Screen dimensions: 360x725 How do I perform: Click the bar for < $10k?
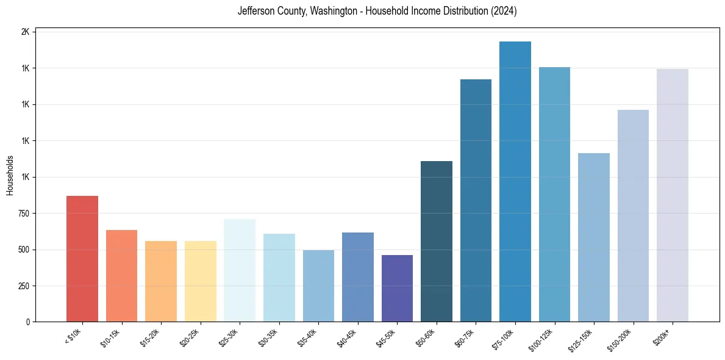(82, 259)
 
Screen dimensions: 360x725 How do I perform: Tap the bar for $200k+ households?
(673, 195)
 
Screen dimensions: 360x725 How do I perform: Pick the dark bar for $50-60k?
(437, 242)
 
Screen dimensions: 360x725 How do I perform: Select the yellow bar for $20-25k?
(201, 281)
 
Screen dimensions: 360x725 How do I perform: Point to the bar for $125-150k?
(594, 237)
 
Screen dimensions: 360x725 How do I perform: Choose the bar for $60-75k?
(476, 201)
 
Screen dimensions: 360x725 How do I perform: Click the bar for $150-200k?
(633, 216)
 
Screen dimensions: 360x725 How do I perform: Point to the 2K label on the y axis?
(26, 32)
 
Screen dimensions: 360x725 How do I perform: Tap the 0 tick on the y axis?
(29, 322)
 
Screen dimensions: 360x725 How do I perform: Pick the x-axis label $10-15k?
(112, 337)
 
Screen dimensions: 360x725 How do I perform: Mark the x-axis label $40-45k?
(348, 337)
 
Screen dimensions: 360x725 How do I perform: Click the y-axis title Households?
(10, 175)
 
